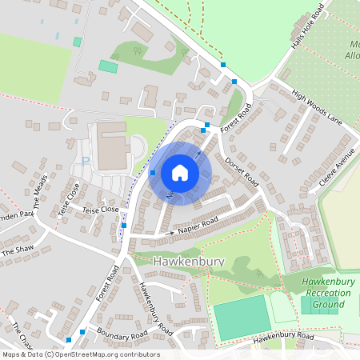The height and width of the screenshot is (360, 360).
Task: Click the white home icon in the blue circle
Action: click(x=180, y=172)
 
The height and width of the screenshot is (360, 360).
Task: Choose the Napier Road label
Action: click(x=198, y=226)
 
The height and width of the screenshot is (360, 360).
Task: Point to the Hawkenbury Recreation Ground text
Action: click(x=328, y=292)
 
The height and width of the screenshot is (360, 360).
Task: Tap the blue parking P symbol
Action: click(x=86, y=161)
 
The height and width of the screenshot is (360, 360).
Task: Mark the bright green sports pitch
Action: click(x=242, y=317)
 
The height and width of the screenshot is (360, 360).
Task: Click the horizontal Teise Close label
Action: click(x=99, y=209)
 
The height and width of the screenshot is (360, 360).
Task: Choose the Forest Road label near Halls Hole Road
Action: click(x=237, y=117)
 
